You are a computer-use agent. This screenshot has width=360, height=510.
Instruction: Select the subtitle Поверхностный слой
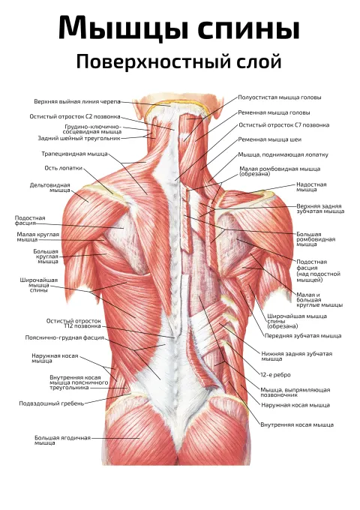[178, 61]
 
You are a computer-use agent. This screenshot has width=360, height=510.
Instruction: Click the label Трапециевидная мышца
[74, 154]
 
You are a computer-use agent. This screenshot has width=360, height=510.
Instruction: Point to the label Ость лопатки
[64, 168]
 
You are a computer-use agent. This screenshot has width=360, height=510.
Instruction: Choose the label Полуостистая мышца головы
[280, 97]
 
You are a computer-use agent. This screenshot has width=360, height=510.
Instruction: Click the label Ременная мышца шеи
[270, 139]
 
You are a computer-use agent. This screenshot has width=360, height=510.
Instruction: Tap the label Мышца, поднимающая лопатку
[283, 154]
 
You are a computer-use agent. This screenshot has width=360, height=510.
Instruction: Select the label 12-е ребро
[275, 375]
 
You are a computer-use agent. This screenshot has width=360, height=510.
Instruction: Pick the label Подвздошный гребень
[52, 403]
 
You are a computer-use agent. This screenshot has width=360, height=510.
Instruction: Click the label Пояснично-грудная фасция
[64, 338]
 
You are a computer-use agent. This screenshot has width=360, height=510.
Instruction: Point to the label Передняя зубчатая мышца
[303, 336]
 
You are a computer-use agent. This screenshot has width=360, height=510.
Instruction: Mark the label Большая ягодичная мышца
[62, 440]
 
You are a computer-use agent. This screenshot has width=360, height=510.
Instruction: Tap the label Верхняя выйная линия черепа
[77, 102]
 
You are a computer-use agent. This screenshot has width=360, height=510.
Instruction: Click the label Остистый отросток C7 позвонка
[284, 125]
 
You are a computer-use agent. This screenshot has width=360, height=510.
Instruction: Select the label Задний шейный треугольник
[79, 138]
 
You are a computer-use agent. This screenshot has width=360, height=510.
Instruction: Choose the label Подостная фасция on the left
[30, 220]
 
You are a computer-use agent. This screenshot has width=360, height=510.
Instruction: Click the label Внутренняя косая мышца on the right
[297, 424]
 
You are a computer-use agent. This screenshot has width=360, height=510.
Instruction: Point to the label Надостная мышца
[311, 187]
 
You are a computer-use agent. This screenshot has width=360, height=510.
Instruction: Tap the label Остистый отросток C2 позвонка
[75, 116]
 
